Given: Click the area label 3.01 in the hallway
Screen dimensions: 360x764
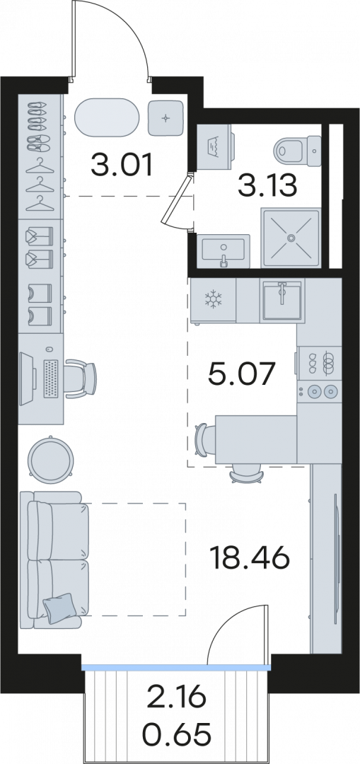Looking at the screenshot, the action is (x=122, y=166).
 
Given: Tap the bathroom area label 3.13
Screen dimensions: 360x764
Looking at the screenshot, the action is (x=267, y=185).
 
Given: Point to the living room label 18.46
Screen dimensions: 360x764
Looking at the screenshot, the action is (x=250, y=558).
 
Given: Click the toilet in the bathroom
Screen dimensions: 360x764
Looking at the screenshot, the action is (x=298, y=149).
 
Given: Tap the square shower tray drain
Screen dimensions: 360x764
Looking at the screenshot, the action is (x=291, y=238).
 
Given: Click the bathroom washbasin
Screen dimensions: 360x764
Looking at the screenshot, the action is (x=223, y=250).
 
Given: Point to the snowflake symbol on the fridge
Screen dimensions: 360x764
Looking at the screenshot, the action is (x=212, y=300).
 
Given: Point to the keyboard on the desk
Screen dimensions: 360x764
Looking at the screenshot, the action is (x=51, y=378).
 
